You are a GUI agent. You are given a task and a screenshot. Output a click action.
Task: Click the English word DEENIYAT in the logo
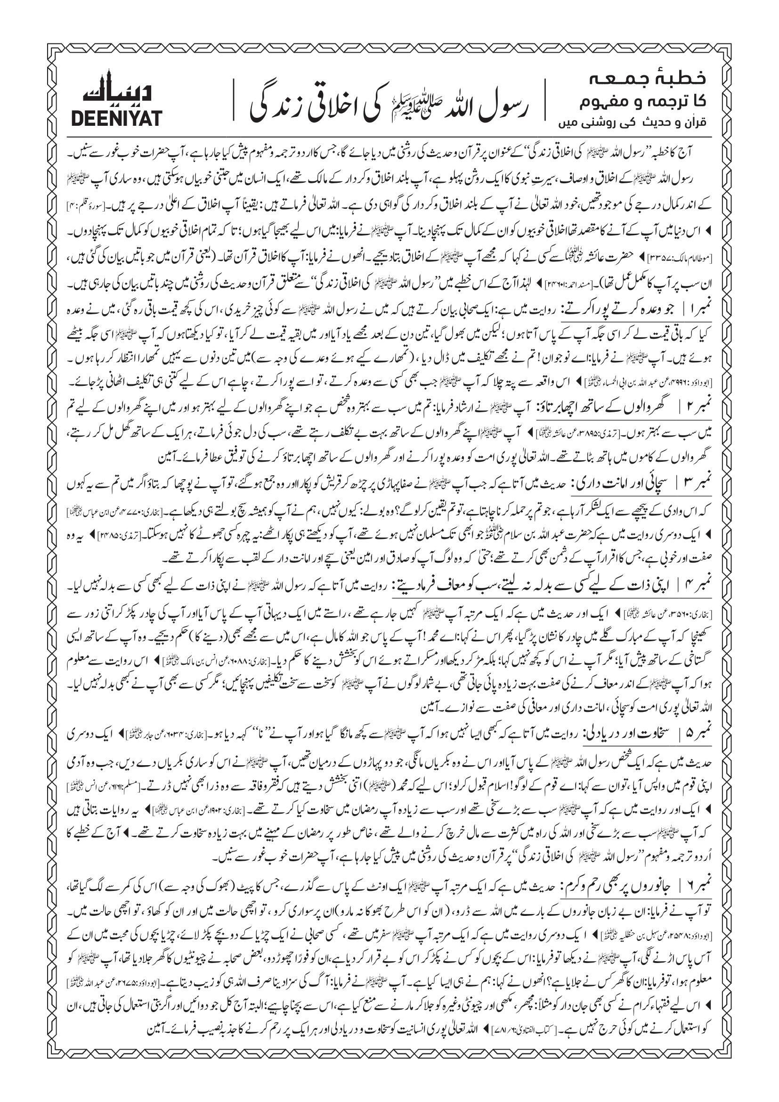pos(116,118)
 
